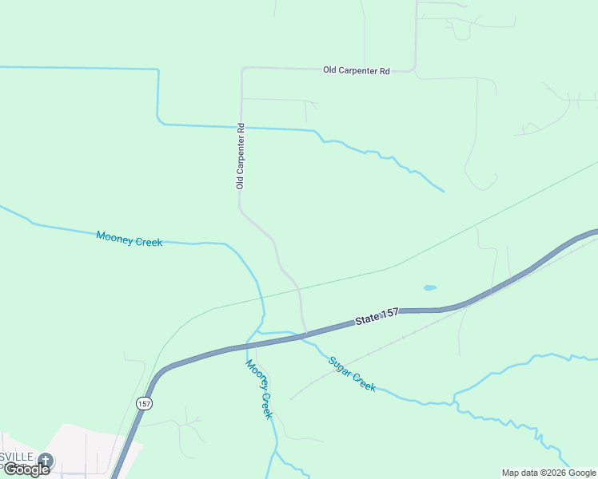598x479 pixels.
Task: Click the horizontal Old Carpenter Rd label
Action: pyautogui.click(x=356, y=71)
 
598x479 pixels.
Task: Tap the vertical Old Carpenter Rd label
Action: pyautogui.click(x=239, y=156)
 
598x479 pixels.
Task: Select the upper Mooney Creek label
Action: pyautogui.click(x=129, y=238)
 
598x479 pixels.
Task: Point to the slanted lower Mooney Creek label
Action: pyautogui.click(x=259, y=389)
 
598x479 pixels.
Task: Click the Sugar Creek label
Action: pyautogui.click(x=352, y=373)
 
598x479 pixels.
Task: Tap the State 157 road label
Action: pyautogui.click(x=377, y=317)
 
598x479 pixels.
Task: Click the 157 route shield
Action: pyautogui.click(x=143, y=404)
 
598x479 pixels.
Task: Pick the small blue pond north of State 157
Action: pyautogui.click(x=429, y=287)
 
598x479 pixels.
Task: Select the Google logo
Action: pyautogui.click(x=26, y=469)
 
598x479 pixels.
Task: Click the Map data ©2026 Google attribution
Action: pyautogui.click(x=549, y=473)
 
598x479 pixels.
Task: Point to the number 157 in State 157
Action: pyautogui.click(x=389, y=315)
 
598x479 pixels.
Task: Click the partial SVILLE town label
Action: pyautogui.click(x=17, y=457)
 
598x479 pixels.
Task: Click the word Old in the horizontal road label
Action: pyautogui.click(x=329, y=71)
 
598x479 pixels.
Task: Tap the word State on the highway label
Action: pyautogui.click(x=367, y=319)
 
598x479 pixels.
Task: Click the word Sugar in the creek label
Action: pyautogui.click(x=340, y=366)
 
